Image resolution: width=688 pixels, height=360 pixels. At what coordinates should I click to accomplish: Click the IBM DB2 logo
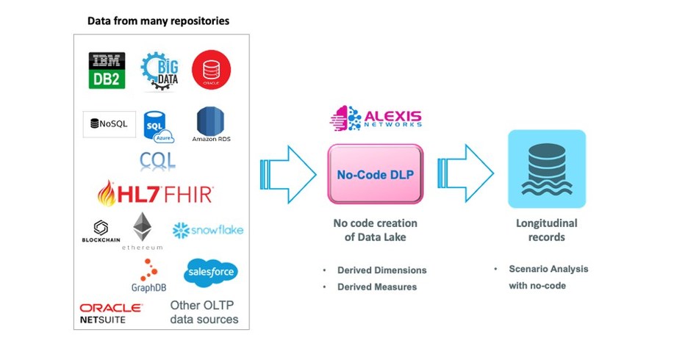(x=107, y=71)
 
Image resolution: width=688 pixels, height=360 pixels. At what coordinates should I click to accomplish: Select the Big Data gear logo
(x=159, y=71)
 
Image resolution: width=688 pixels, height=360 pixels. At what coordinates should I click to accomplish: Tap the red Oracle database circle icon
(x=211, y=71)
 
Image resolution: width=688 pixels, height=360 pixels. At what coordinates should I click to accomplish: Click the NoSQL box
(x=109, y=123)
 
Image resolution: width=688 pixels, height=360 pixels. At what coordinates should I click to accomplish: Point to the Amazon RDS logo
(x=210, y=125)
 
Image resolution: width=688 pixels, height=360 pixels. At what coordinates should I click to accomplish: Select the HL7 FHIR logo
(x=155, y=193)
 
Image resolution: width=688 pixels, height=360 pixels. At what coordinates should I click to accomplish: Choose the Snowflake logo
(x=207, y=230)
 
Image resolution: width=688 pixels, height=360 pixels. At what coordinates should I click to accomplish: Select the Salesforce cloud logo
(x=211, y=271)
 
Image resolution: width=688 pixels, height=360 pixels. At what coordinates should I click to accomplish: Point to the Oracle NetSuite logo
(x=111, y=313)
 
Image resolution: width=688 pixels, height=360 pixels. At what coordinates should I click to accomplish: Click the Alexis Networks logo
(x=376, y=119)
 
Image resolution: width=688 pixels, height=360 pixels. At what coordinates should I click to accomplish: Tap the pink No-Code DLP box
(x=375, y=175)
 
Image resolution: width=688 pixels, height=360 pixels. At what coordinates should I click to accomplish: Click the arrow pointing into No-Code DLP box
(x=287, y=175)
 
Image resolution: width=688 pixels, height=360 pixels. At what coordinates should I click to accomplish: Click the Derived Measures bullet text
(x=376, y=287)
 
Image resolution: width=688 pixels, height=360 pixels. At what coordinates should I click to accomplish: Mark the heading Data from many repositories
(x=158, y=21)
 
